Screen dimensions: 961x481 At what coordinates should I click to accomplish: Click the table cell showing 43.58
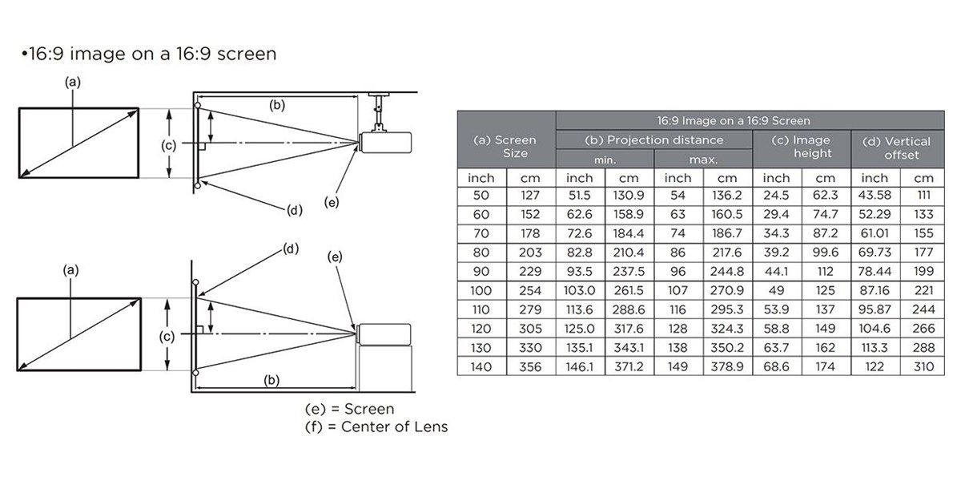(x=875, y=196)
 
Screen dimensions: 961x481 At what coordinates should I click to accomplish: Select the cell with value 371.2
(x=629, y=367)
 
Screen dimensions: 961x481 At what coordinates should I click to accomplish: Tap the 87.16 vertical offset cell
(x=875, y=291)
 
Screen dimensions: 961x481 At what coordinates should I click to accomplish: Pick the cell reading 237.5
(x=629, y=272)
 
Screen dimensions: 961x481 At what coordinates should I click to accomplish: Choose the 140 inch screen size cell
(x=481, y=367)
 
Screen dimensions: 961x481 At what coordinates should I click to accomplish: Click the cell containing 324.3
(x=727, y=329)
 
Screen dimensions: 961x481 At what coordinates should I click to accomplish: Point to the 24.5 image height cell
(x=777, y=196)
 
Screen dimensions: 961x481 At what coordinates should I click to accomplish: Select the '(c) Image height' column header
(x=802, y=147)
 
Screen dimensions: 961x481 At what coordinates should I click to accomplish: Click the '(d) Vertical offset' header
(x=898, y=148)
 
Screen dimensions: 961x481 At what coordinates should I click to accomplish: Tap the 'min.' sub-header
(x=605, y=160)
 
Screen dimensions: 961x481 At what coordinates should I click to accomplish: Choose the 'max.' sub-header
(x=703, y=160)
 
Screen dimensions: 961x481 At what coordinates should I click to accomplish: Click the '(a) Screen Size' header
(x=506, y=147)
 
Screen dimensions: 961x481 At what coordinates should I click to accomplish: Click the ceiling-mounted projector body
(x=385, y=143)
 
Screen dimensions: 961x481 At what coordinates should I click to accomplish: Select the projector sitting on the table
(x=384, y=334)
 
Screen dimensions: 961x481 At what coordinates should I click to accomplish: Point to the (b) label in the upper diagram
(x=277, y=106)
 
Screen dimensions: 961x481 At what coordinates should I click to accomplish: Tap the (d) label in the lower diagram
(x=291, y=249)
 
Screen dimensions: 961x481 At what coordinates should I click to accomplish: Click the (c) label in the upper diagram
(x=169, y=146)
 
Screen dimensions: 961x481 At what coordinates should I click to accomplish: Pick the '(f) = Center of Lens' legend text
(x=376, y=426)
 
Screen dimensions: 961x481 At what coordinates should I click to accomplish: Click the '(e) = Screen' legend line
(x=349, y=409)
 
